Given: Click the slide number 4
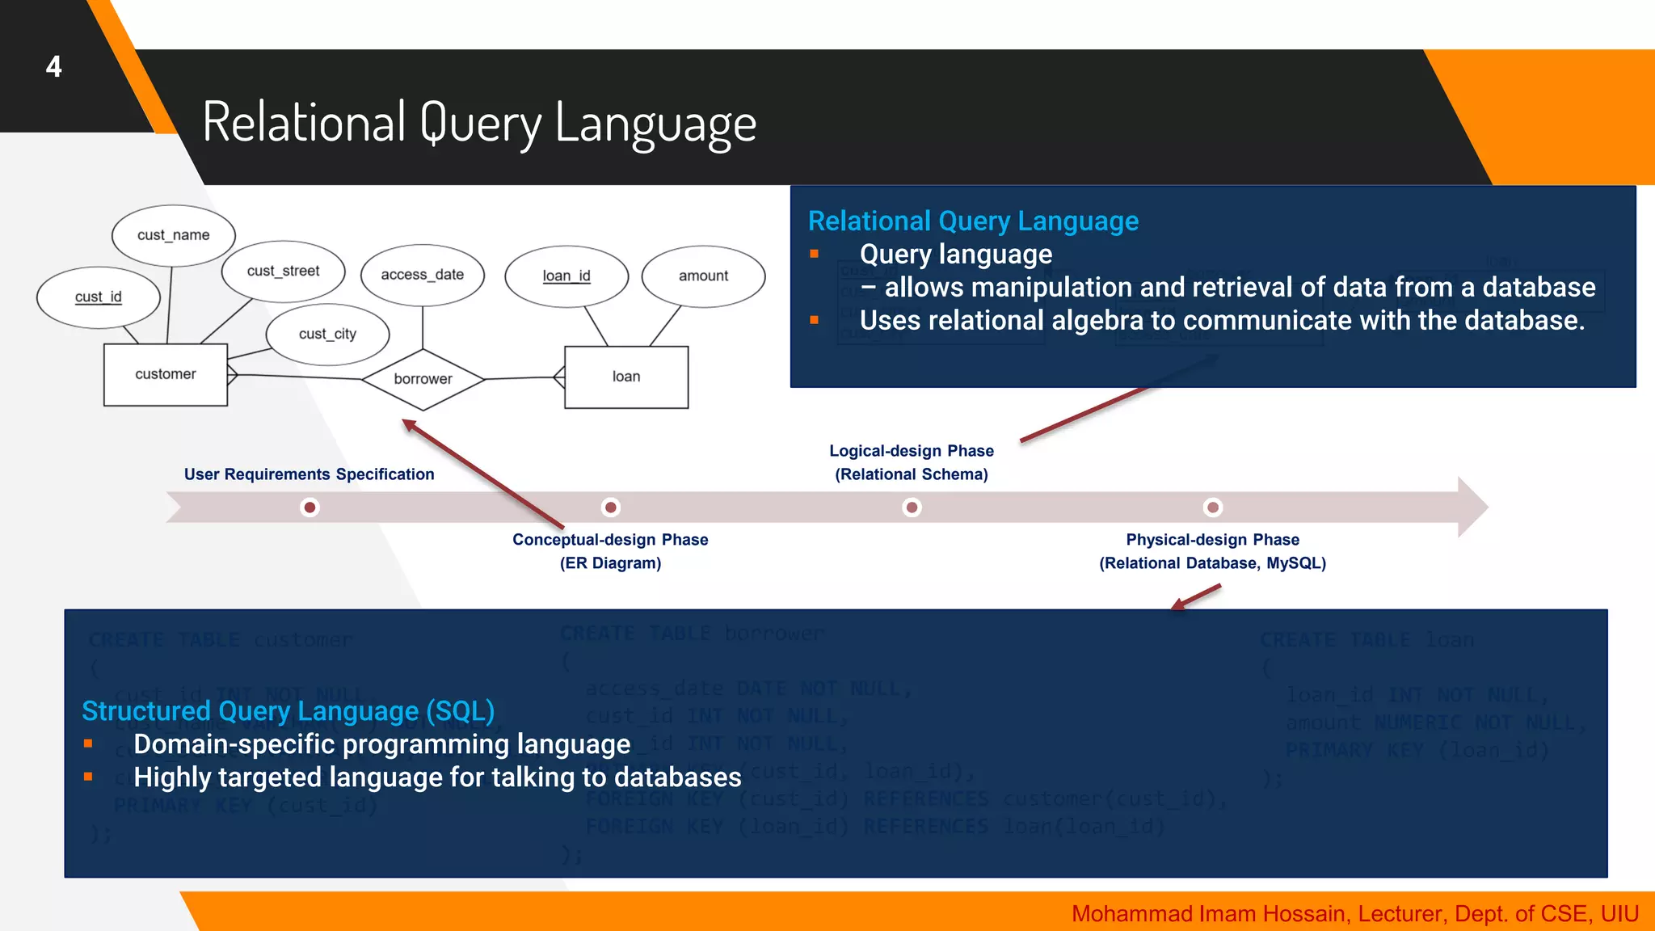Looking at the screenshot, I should pos(53,66).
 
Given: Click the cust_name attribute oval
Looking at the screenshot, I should pos(174,235).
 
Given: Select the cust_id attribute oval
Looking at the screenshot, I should pos(99,297).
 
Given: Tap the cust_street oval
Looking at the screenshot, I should pos(284,272).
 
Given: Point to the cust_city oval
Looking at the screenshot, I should pos(327,334).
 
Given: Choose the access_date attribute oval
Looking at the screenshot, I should pos(423,275).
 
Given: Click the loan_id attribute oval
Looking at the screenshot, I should pos(566,276).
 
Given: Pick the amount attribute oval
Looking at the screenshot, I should pos(703,276).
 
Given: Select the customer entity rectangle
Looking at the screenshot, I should pos(166,374).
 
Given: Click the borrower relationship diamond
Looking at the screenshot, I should pos(423,379).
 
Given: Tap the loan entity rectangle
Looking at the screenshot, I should pos(626,377).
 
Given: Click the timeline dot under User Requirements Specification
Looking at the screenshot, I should pos(310,508).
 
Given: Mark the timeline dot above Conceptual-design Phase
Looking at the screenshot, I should pos(611,508).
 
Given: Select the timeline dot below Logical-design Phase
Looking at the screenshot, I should pos(912,508).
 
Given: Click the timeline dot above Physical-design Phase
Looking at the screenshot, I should pos(1213,508).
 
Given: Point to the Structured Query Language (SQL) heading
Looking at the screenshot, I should pos(288,711).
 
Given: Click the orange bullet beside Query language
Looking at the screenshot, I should pos(815,254).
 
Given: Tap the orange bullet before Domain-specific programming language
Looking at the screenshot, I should pos(88,744).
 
